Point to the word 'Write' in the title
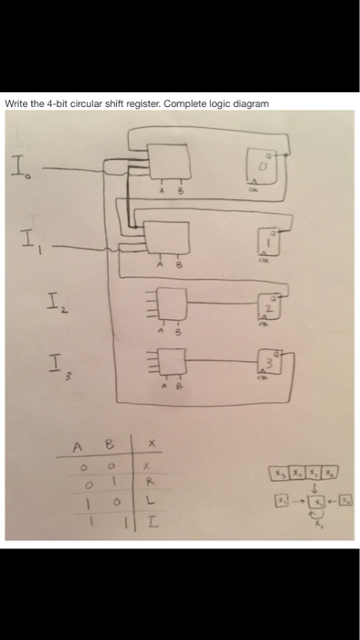coord(16,103)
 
